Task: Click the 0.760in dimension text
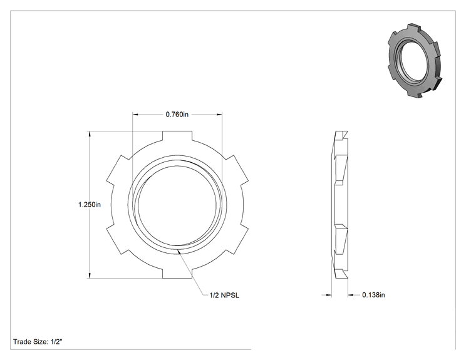[177, 115]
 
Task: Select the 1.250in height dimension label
[90, 204]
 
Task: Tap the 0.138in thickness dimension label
[373, 295]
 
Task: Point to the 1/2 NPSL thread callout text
[224, 296]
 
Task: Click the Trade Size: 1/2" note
[38, 342]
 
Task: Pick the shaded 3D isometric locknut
[415, 60]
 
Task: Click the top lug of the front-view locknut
[177, 136]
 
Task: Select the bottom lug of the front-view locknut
[177, 274]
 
